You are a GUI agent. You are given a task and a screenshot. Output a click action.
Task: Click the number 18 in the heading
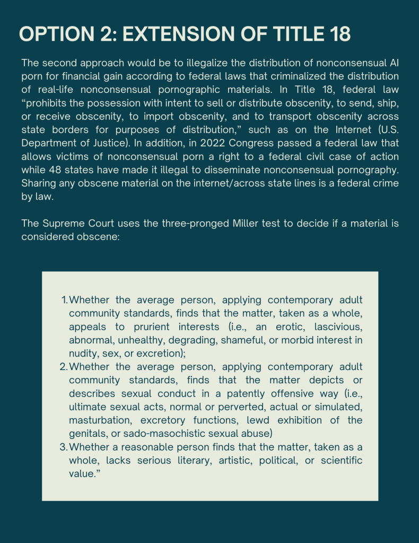click(337, 33)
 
